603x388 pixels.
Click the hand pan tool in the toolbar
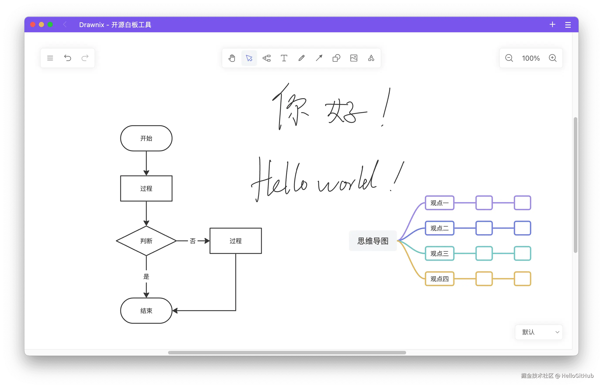[x=232, y=58]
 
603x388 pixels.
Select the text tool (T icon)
[x=284, y=58]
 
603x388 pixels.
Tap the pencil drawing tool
[x=301, y=58]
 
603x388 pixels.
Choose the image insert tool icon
[x=354, y=58]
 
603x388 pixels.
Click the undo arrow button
[x=67, y=58]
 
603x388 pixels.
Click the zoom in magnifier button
[x=552, y=58]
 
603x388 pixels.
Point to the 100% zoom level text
[x=531, y=58]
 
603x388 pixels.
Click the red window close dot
[x=33, y=24]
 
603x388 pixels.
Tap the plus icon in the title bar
[x=552, y=24]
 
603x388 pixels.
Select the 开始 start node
[x=146, y=138]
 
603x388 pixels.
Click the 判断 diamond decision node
[x=146, y=241]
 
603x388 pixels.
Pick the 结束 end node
[x=146, y=311]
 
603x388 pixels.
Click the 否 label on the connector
[x=193, y=241]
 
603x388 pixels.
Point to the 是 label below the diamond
[x=146, y=277]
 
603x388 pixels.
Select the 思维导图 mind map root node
[x=373, y=241]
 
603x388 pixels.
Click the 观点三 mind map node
[x=439, y=253]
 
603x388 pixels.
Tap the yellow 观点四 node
[x=439, y=279]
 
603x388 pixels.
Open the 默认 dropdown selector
[x=539, y=332]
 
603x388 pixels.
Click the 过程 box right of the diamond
[x=236, y=241]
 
